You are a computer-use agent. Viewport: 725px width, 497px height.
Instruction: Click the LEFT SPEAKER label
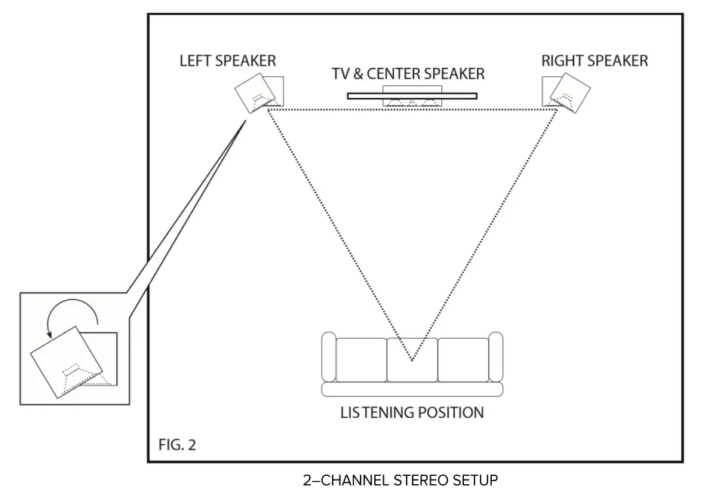227,61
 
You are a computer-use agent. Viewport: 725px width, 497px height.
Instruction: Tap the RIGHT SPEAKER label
594,61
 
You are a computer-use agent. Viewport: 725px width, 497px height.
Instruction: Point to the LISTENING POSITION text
412,413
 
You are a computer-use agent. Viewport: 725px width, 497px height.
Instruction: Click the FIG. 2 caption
177,445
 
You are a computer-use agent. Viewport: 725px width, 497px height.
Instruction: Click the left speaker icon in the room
259,93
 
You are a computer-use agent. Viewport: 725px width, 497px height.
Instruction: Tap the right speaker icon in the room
564,93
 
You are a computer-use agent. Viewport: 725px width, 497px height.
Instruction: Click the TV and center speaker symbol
412,96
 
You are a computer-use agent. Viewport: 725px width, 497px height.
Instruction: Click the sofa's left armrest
328,357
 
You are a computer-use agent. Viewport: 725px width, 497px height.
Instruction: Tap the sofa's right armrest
495,357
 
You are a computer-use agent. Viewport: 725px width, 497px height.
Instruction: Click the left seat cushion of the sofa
361,359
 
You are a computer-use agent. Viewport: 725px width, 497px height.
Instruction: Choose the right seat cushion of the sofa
462,359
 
